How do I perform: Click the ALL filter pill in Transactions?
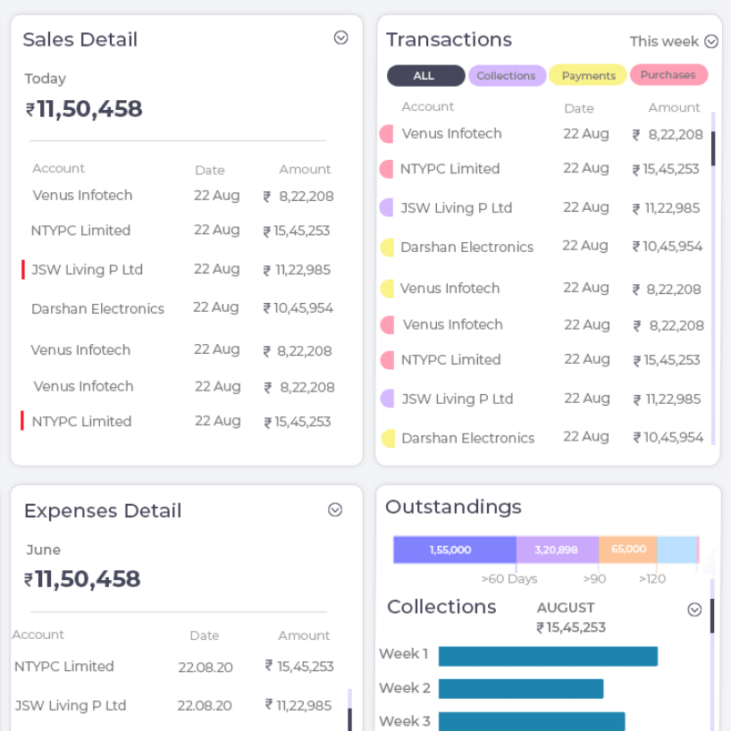click(425, 76)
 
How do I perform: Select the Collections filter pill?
click(507, 76)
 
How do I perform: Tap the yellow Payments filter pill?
click(588, 76)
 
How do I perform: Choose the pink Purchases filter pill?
click(668, 75)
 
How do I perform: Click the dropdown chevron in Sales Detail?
click(340, 38)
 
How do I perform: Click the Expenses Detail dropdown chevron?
click(335, 509)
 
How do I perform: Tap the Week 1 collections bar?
click(548, 656)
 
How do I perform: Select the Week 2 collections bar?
click(521, 689)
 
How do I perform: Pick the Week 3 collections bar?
click(532, 721)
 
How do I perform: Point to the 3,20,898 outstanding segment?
click(557, 550)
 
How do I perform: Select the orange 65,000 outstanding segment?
click(628, 550)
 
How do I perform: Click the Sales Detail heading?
click(80, 39)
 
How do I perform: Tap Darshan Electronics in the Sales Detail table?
click(97, 309)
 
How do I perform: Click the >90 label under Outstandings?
click(594, 579)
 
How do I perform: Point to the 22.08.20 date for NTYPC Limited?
click(206, 667)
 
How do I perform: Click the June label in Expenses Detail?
click(44, 550)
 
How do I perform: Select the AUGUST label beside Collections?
click(566, 608)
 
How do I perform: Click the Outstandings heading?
click(453, 507)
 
